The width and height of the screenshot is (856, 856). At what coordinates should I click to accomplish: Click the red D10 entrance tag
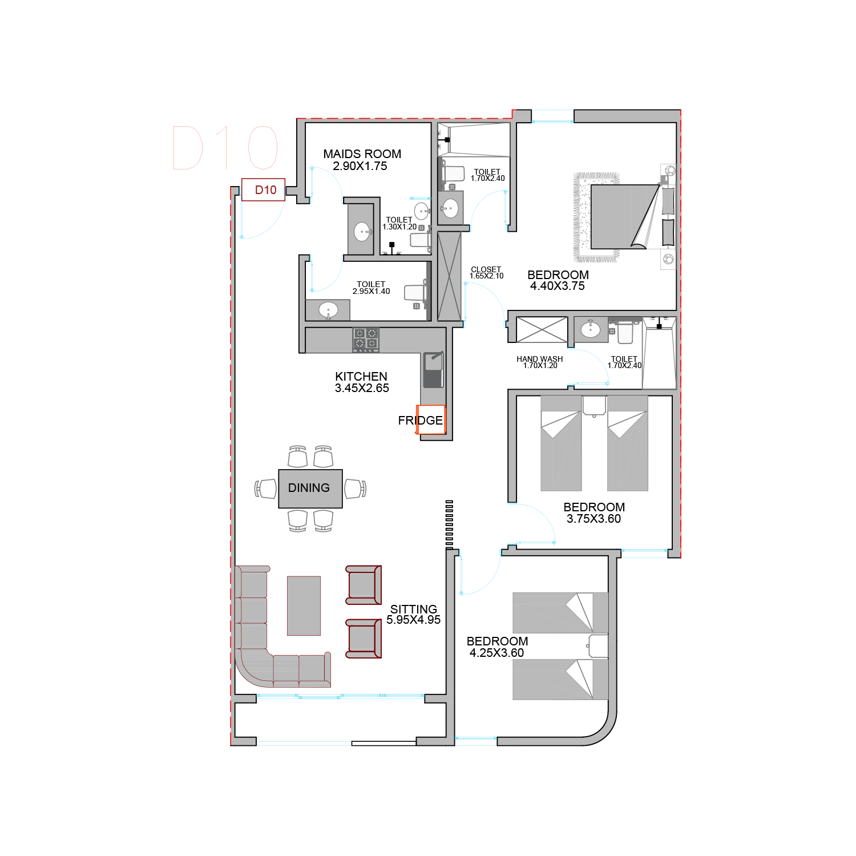click(x=263, y=189)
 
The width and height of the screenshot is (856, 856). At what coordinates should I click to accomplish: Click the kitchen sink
click(x=433, y=370)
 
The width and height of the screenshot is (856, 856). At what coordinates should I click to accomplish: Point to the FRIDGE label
click(x=421, y=421)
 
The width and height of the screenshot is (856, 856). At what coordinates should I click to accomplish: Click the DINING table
click(x=310, y=488)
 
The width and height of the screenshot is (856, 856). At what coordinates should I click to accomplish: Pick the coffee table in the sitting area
click(x=304, y=605)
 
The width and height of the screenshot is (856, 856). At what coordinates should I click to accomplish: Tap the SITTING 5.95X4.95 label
click(x=414, y=615)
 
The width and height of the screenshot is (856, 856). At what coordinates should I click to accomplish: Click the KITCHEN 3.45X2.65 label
click(x=362, y=382)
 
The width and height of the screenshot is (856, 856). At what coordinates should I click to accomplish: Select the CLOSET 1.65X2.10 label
click(x=486, y=273)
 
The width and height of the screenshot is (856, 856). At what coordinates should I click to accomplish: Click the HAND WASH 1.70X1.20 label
click(x=540, y=362)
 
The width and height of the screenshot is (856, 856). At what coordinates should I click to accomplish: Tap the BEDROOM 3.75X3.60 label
click(x=594, y=513)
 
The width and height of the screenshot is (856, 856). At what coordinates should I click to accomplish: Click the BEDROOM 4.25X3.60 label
click(x=497, y=647)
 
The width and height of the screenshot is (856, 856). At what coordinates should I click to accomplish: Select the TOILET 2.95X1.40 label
click(x=371, y=288)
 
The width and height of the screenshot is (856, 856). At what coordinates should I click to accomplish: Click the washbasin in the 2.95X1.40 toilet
click(x=328, y=310)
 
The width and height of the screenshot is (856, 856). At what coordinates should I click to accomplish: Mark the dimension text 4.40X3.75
click(x=558, y=286)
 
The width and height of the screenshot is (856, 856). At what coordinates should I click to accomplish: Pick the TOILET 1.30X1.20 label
click(x=399, y=223)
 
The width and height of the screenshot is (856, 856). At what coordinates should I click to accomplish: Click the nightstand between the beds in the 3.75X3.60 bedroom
click(x=594, y=406)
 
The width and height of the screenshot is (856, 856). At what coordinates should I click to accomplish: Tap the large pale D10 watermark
click(x=225, y=148)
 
